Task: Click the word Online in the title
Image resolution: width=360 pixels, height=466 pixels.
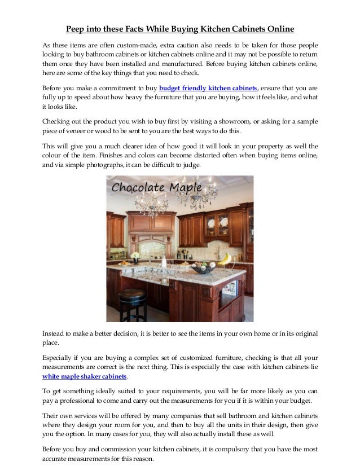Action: click(x=279, y=28)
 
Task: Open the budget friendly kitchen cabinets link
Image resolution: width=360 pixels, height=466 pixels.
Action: click(x=208, y=89)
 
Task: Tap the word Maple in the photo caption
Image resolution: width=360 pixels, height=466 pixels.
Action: click(x=167, y=186)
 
